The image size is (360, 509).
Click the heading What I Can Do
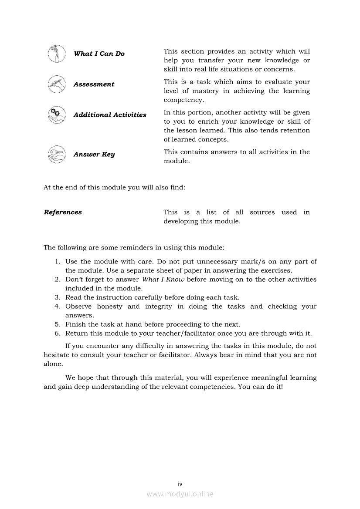99,54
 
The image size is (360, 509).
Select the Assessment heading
94,84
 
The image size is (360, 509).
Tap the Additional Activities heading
110,115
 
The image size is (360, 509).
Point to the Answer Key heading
94,155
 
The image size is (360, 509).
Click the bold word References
63,212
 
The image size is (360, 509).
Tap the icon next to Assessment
57,84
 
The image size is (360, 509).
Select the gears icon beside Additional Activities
57,115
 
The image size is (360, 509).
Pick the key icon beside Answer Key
57,155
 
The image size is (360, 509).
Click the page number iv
180,484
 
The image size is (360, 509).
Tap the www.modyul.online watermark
180,494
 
